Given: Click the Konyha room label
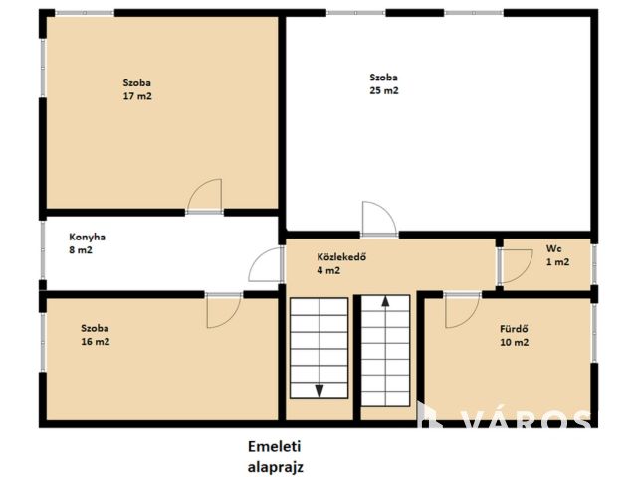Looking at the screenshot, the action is [x=87, y=237].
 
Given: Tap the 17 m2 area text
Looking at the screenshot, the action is [x=137, y=96].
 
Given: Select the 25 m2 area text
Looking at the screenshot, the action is [x=384, y=90].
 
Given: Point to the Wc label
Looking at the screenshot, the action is [x=554, y=248].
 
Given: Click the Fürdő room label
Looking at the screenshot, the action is [x=514, y=329].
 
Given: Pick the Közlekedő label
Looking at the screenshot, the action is [x=341, y=257].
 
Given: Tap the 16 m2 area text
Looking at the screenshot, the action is [x=96, y=342].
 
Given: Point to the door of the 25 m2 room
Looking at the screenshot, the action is [x=378, y=219].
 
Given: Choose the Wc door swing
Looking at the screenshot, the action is [x=516, y=266].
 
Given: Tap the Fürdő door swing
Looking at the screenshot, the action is [x=462, y=310].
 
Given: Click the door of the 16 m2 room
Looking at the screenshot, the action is [x=224, y=310].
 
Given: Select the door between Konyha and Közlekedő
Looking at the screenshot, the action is [x=266, y=264].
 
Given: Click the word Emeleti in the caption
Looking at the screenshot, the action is [x=275, y=446].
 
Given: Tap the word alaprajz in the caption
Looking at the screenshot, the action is [x=276, y=467].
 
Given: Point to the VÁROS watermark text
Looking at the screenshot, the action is [x=527, y=419].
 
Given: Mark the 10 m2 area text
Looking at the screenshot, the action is [x=514, y=342].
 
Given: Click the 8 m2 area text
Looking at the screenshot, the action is [x=81, y=250].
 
